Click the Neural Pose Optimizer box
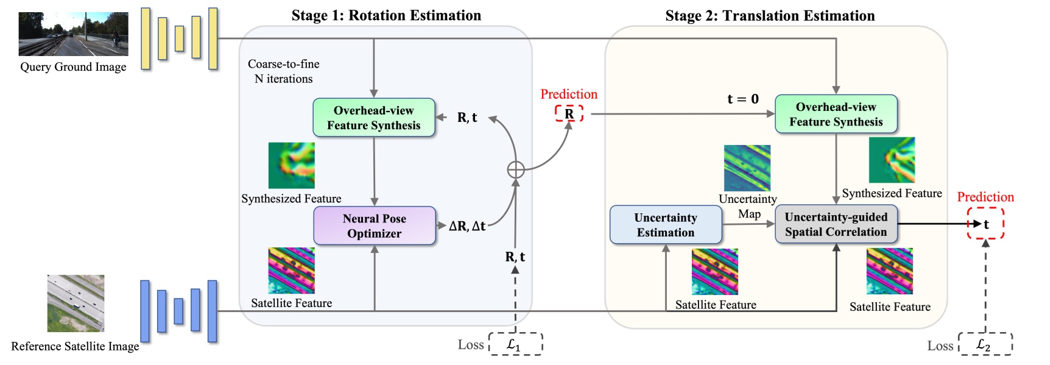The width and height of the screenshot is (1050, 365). [x=375, y=226]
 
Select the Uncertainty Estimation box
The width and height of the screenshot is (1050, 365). [x=666, y=225]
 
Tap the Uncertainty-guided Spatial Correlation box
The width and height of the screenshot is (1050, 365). [x=836, y=224]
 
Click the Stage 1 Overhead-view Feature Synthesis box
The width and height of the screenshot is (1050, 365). [x=374, y=118]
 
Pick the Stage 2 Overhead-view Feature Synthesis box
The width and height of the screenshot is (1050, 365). [x=836, y=114]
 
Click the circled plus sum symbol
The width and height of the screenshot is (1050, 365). [x=516, y=169]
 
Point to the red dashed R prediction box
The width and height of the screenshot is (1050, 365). [x=569, y=113]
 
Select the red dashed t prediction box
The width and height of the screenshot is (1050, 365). [x=985, y=224]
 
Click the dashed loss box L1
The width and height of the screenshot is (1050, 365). [x=515, y=344]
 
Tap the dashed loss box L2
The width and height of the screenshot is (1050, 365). [x=985, y=344]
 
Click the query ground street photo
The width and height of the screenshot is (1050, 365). [x=73, y=34]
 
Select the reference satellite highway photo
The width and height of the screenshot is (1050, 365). [x=76, y=303]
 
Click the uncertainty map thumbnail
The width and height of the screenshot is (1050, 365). [x=747, y=168]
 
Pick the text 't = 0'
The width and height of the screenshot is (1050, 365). [x=742, y=99]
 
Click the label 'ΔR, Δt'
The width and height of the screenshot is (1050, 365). [x=467, y=226]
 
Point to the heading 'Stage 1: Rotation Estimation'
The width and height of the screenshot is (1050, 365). [x=386, y=15]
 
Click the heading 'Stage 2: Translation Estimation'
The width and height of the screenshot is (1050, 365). [x=770, y=15]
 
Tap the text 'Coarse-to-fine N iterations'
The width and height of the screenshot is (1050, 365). [x=284, y=71]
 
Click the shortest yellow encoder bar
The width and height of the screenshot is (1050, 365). [x=179, y=38]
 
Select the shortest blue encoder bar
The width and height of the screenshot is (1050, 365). [x=178, y=311]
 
